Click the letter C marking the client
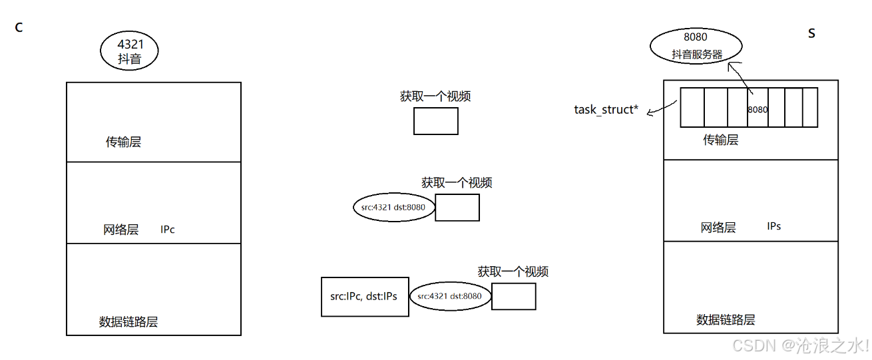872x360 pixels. point(19,28)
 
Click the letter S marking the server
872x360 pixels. point(811,33)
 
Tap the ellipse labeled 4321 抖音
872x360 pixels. point(130,51)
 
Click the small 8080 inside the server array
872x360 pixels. point(758,108)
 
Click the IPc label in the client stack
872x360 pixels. point(167,230)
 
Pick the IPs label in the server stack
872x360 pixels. point(773,226)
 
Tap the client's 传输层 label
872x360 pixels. point(123,142)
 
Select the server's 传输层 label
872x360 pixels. point(721,140)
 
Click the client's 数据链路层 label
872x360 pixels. point(128,322)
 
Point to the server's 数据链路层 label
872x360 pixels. point(726,319)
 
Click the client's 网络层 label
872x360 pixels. point(120,230)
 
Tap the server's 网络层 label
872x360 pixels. point(718,228)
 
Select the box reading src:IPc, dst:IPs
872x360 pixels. point(364,296)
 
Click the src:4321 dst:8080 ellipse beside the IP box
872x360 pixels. point(450,296)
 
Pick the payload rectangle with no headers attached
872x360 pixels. point(435,121)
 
